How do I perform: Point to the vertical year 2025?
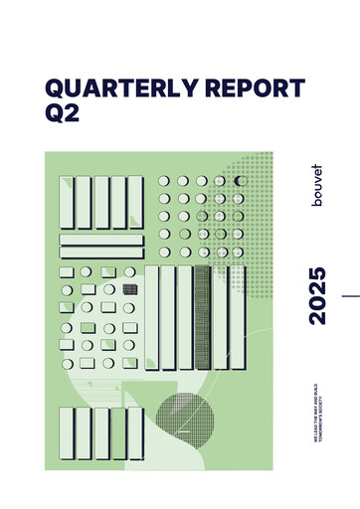pos(317,295)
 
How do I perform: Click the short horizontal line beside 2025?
pos(350,295)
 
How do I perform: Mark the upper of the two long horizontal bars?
pos(99,239)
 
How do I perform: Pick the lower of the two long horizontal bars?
pos(99,253)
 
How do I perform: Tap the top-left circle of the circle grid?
pos(164,181)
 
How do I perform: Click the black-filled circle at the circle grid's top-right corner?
pos(239,181)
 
